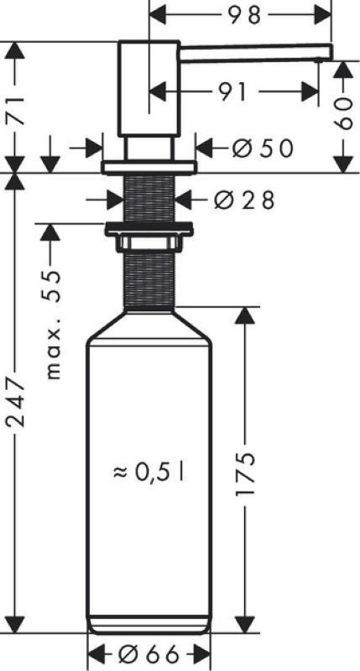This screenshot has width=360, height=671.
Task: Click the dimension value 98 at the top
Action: (x=243, y=15)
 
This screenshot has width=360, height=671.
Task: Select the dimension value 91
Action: (x=234, y=91)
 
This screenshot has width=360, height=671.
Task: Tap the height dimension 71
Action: (x=15, y=111)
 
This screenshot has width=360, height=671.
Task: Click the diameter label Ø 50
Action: (x=263, y=148)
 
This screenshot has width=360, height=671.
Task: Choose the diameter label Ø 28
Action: (x=243, y=200)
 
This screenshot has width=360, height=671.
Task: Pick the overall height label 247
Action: (x=15, y=403)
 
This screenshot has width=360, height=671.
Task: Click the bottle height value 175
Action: (x=245, y=472)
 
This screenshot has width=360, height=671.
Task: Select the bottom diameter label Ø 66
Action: (x=148, y=654)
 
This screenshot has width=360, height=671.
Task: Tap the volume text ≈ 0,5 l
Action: (x=149, y=472)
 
